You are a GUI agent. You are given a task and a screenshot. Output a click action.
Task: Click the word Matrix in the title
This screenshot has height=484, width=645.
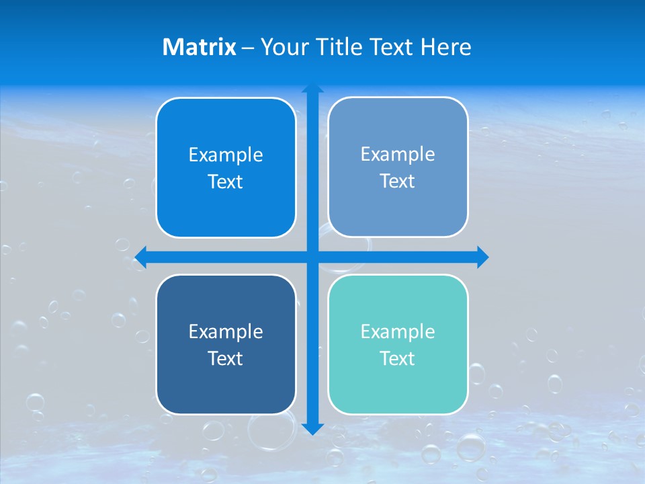tap(199, 47)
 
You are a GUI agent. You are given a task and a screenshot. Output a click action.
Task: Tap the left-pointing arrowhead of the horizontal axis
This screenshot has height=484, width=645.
tap(141, 257)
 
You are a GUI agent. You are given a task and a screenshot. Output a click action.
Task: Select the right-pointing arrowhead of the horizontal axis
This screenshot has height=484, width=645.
tap(482, 257)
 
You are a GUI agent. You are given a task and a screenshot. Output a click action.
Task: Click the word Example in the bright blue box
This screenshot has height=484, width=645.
tap(226, 155)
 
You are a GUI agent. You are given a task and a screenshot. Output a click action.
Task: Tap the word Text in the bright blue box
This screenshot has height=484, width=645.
tap(226, 182)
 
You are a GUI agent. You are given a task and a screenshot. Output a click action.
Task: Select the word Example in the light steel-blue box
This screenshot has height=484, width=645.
tap(398, 155)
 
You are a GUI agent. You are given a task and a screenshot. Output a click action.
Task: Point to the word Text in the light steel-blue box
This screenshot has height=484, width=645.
tap(398, 182)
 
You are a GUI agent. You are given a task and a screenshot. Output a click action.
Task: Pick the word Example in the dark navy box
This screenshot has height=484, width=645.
tap(226, 331)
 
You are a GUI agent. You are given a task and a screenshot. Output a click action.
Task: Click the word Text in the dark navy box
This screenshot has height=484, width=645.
tap(226, 358)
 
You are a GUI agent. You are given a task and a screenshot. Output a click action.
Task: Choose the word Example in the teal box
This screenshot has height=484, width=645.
tap(398, 331)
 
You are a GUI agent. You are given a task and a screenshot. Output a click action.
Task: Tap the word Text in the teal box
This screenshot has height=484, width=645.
tap(398, 358)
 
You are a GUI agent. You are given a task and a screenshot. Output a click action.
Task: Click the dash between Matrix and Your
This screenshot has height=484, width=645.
tap(248, 48)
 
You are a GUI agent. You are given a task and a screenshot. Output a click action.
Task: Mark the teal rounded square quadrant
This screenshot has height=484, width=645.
tap(398, 390)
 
